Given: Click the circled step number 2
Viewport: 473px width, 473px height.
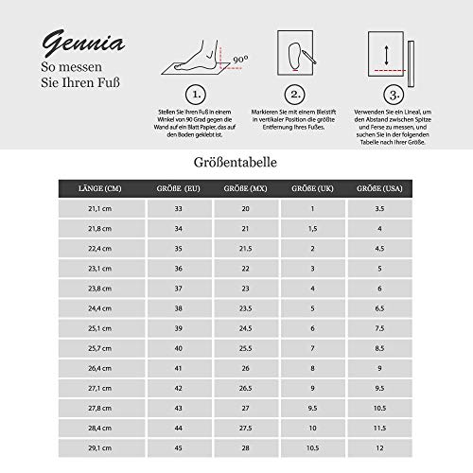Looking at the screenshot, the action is pos(294,95).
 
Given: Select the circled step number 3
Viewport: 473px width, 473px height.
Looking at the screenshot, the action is pos(391,95).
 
